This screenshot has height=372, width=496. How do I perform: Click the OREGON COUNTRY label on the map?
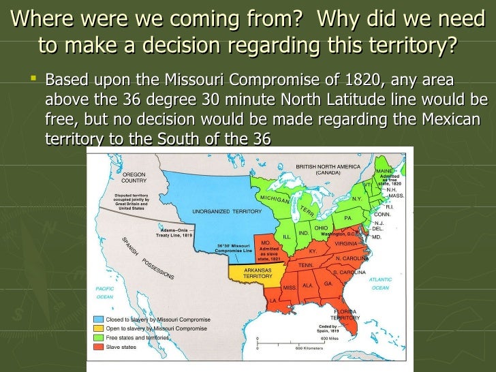coord(134,178)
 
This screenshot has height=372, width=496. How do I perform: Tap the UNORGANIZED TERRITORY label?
coord(217,211)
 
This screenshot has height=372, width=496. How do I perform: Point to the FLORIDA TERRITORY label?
coord(345,315)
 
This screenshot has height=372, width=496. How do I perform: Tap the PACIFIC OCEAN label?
coord(104,293)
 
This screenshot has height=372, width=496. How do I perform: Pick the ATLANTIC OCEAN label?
coord(380,283)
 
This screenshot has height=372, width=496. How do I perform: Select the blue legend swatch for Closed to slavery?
coord(99,319)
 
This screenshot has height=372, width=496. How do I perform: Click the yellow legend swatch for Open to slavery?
coord(99,328)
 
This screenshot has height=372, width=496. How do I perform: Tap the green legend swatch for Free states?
coord(99,338)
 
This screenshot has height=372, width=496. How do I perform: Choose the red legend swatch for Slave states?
coord(99,347)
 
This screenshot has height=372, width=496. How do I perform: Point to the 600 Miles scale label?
coord(329,339)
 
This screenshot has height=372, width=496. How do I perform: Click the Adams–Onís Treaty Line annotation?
coord(176,233)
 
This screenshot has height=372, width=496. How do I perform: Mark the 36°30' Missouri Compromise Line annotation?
coord(234,249)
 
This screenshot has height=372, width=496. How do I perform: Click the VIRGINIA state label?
coord(346,243)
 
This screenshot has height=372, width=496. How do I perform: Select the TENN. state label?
coord(306,265)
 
